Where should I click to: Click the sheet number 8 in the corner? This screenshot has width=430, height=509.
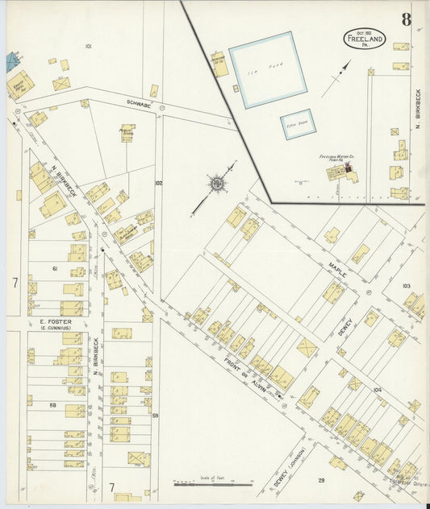coord(406,19)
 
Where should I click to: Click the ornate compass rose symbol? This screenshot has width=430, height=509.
coord(217,185)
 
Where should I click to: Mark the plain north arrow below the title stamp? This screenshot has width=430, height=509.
coord(336,79)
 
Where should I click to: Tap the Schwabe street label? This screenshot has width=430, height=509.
coord(139,102)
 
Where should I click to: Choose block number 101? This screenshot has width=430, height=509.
coord(88,47)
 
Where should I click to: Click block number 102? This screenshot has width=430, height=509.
coord(159,183)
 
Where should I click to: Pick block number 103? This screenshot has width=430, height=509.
coord(406,285)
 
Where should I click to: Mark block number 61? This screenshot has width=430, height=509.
coord(55,267)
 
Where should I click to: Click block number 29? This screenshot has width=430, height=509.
coord(320,480)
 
